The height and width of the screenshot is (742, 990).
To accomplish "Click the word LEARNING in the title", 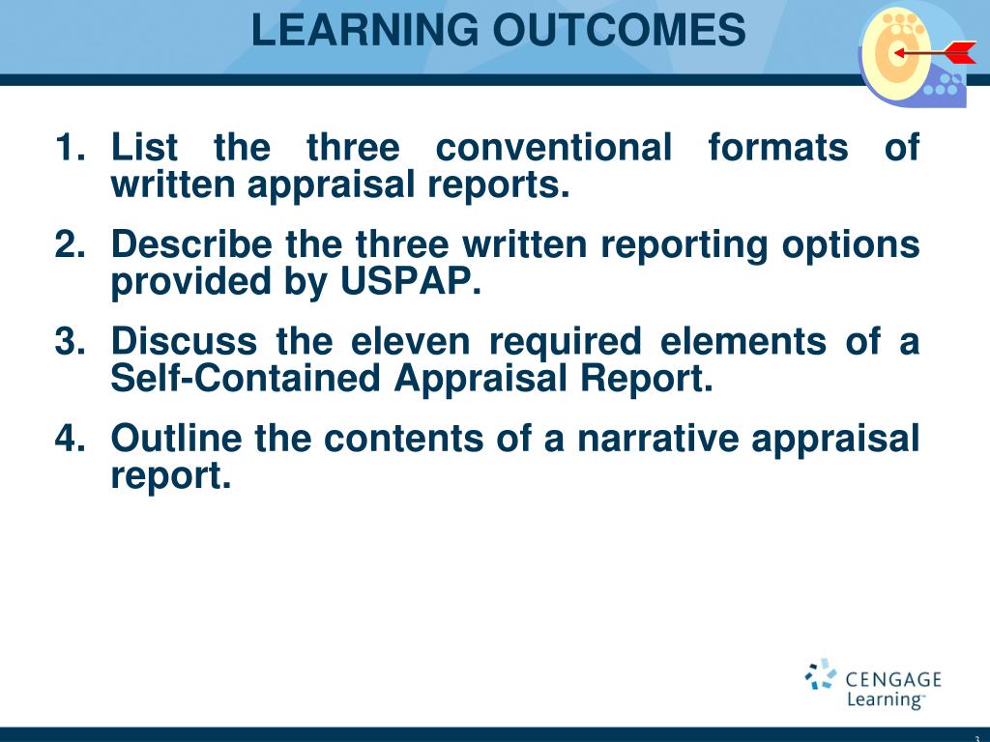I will pos(365,30).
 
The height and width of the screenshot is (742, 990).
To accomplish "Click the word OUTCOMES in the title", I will pos(619,30).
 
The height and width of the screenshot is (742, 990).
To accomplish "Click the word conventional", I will pos(553,149).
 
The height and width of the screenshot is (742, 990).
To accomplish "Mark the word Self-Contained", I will pos(247,380).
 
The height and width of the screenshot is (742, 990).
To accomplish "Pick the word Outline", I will pos(177,439).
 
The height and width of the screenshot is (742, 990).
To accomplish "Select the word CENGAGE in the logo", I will pos(893,679).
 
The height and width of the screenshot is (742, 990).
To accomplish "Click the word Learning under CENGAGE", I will pos(884,700).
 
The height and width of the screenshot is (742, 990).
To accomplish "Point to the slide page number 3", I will pos(977,737).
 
